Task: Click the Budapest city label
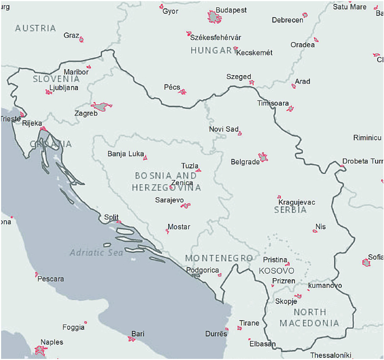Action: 232,10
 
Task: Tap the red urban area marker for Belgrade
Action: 263,157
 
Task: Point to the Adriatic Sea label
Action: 96,253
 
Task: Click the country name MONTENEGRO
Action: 219,258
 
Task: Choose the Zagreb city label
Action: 86,113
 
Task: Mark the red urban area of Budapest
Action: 215,17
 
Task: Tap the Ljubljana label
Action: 64,87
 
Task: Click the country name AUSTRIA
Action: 35,28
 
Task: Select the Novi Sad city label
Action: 223,129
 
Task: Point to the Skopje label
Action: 286,301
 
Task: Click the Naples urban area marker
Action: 40,350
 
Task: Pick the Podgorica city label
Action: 202,270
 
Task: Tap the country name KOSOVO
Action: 276,271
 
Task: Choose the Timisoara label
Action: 273,104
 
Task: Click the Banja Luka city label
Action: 125,154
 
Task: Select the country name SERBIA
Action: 290,210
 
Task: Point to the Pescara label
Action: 50,279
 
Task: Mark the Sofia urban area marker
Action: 366,262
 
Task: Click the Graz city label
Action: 71,35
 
